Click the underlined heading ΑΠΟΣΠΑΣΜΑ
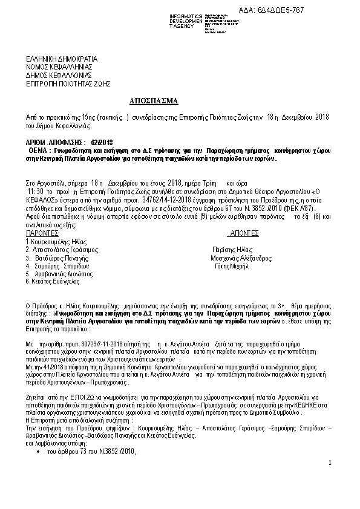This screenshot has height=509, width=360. pos(154,100)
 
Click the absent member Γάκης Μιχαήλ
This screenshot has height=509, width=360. pos(232,265)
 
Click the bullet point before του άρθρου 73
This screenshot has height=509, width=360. pos(39,452)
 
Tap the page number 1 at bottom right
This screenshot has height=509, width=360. pos(330,463)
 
